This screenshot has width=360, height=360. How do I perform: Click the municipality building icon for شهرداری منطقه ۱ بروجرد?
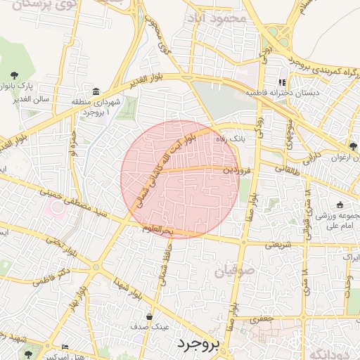pos(96,93)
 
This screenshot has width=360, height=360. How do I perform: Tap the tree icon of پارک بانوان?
pos(15,75)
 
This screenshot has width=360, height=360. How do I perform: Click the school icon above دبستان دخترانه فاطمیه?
pos(282,82)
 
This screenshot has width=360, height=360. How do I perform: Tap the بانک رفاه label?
pos(231,139)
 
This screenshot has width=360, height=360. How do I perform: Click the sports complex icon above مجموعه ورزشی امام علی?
pos(340,205)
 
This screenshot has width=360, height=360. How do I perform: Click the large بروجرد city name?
pos(199,344)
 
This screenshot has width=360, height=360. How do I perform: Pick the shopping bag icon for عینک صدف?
pos(149,316)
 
